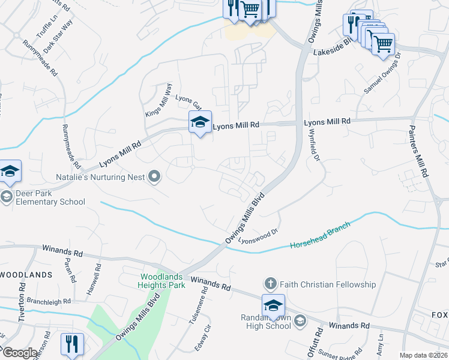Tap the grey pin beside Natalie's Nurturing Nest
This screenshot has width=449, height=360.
click(x=155, y=176)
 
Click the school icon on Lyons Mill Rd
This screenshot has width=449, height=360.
click(x=200, y=122)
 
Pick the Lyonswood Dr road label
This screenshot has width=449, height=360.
click(x=259, y=236)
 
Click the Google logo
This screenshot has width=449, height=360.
click(x=20, y=353)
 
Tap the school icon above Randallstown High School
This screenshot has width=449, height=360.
click(x=273, y=306)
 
